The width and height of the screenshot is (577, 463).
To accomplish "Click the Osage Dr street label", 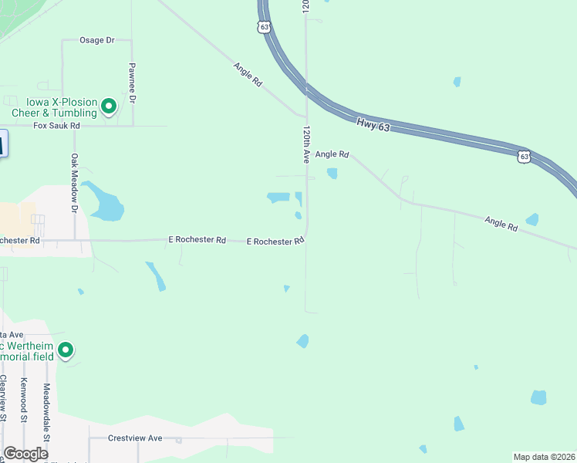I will pos(97,39).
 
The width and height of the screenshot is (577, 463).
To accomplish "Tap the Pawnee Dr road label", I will pos(132,83).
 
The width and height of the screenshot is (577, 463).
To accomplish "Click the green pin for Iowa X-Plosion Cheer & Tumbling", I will pos(109,106).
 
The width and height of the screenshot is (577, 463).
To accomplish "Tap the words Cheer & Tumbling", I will pos(54,113).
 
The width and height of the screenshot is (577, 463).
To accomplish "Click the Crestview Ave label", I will pos(137,438).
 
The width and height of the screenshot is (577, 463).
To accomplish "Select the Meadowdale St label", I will pos(46,411).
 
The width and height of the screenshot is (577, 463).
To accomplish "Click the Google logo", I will pos(25,454).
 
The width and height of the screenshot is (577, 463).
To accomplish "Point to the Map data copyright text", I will pos(545,456).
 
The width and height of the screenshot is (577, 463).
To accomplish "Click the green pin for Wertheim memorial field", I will pos(66,351).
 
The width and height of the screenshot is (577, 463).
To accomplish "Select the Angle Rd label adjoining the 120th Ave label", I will pos(332,154).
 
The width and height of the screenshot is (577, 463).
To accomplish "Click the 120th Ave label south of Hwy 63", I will pos(306,144).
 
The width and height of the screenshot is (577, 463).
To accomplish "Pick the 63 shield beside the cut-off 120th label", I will pos(265,27).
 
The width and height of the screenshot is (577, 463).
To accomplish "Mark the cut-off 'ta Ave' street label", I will pos(14,334).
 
